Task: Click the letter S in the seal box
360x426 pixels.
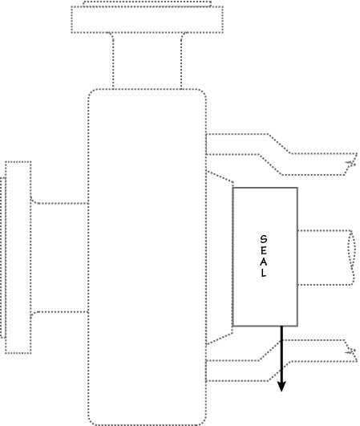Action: pyautogui.click(x=263, y=239)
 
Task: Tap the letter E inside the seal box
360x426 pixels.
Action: pyautogui.click(x=263, y=250)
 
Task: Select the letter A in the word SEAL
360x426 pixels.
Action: pyautogui.click(x=263, y=262)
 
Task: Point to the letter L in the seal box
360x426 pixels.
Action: pyautogui.click(x=264, y=273)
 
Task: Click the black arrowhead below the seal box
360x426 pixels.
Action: pyautogui.click(x=281, y=387)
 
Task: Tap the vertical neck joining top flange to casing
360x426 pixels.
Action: pyautogui.click(x=113, y=60)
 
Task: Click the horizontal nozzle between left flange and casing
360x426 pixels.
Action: pyautogui.click(x=59, y=203)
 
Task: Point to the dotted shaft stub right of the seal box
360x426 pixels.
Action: pyautogui.click(x=325, y=231)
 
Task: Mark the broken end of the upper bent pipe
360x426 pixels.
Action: pyautogui.click(x=352, y=164)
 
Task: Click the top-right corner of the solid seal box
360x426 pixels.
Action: pyautogui.click(x=297, y=188)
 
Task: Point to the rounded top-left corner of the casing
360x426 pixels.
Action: pyautogui.click(x=91, y=91)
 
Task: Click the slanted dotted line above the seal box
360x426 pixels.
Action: pyautogui.click(x=220, y=176)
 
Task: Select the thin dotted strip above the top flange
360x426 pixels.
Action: pyautogui.click(x=148, y=2)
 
